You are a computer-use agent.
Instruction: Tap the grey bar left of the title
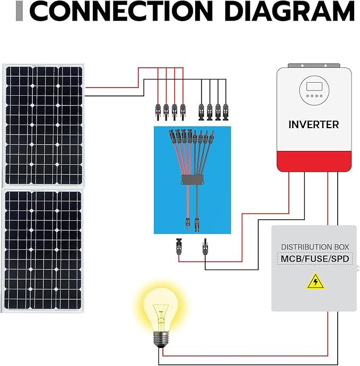click(x=20, y=12)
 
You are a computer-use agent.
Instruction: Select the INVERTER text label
click(x=313, y=125)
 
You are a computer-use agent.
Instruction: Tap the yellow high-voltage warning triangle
click(x=315, y=281)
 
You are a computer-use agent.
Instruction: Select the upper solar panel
click(x=43, y=124)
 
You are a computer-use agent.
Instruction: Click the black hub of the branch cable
click(x=192, y=180)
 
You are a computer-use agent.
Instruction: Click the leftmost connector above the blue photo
click(x=157, y=110)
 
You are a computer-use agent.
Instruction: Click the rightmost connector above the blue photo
click(x=226, y=110)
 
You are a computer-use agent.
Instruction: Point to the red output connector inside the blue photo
click(x=187, y=219)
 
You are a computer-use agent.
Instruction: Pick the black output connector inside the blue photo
click(x=197, y=220)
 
